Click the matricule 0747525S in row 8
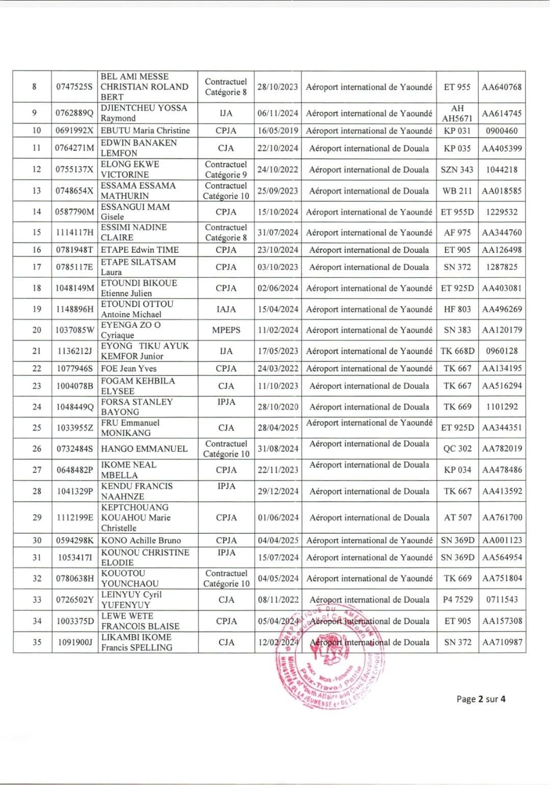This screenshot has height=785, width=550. coord(74,87)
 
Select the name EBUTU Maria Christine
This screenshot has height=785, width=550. coord(145,130)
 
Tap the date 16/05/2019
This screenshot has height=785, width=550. coord(278,130)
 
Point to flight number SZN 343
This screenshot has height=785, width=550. coord(457,169)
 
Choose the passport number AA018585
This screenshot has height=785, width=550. coord(502,191)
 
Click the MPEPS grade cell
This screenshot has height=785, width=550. coord(226,330)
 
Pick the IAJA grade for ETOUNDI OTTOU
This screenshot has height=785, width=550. coord(226,309)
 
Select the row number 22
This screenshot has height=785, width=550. coord(37,368)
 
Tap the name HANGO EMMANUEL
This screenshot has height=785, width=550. coord(144,449)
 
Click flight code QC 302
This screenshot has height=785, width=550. coord(457,449)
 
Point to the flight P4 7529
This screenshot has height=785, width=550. coord(457,599)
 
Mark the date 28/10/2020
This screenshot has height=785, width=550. coord(278,407)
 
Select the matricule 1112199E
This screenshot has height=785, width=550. coord(74,517)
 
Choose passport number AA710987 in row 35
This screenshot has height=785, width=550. coord(502,642)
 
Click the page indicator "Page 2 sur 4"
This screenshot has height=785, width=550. coord(481,699)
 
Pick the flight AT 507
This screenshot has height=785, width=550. coord(457,517)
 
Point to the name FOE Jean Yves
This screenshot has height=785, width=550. coord(128,368)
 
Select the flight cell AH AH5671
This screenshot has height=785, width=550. coord(457,113)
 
